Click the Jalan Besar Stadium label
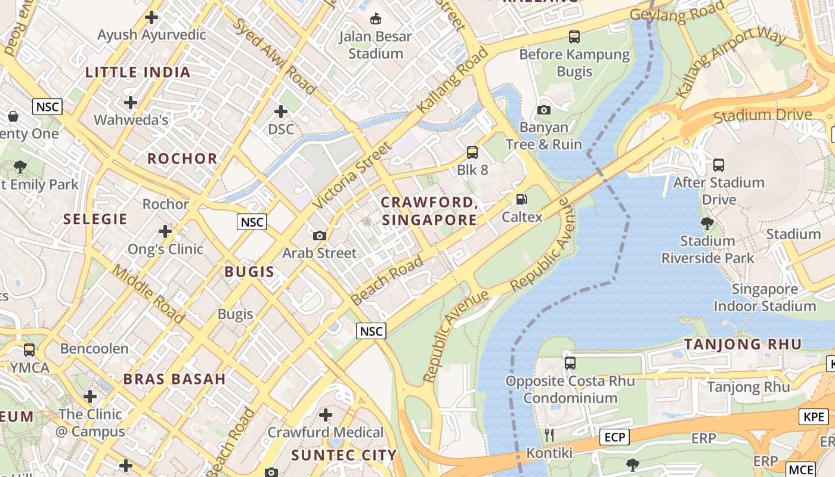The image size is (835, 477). tap(375, 45)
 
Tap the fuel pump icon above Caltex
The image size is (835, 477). tap(522, 199)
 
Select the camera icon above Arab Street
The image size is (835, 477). tap(320, 236)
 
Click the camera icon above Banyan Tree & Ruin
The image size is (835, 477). tap(543, 110)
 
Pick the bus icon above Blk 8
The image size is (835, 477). tap(472, 152)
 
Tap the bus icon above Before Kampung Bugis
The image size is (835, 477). tap(574, 37)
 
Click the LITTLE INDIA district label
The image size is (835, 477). tap(138, 73)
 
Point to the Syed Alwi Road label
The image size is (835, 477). tap(274, 57)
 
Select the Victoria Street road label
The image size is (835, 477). tap(352, 175)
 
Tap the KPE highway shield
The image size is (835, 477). tap(814, 417)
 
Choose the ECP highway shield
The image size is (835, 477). tap(614, 437)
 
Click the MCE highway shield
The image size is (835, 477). tap(800, 469)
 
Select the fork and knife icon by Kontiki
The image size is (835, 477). tap(549, 435)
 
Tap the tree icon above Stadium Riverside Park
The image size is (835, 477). tap(707, 224)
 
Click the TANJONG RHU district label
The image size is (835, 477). tap(743, 344)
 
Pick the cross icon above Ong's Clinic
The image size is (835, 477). tap(165, 231)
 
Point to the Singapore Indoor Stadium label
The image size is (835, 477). tap(765, 298)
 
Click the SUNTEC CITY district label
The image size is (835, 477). tap(344, 456)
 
